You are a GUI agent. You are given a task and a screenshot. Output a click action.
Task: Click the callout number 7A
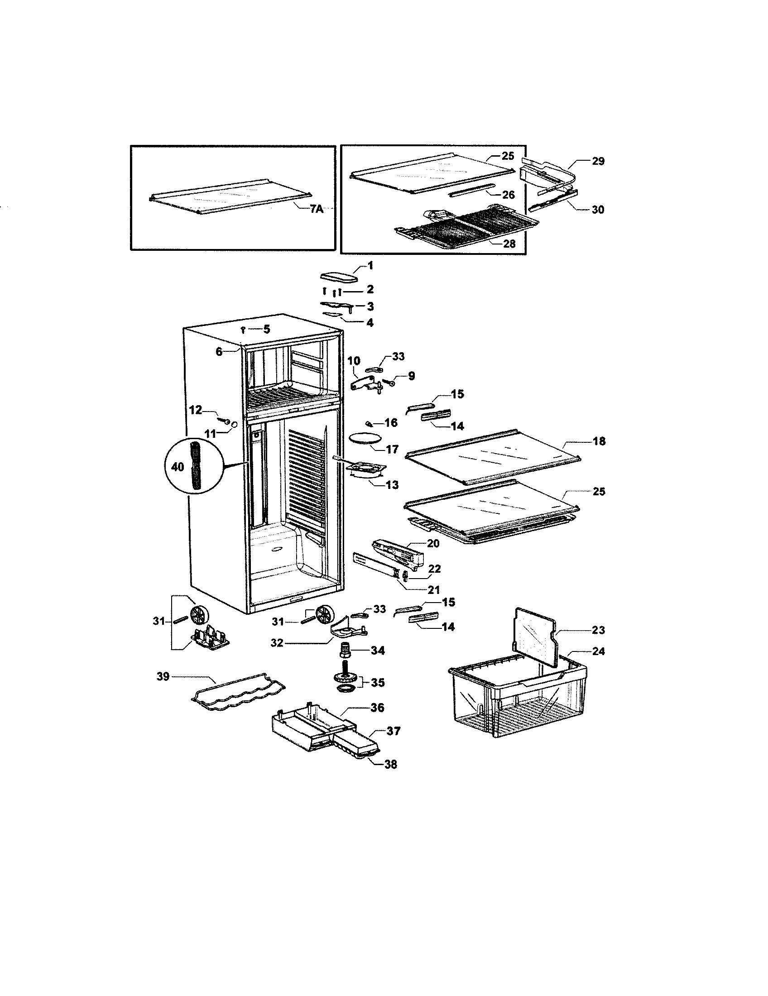coord(316,209)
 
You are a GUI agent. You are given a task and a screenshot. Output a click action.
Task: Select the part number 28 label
coord(509,244)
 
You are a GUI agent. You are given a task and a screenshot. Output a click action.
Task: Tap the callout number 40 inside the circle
coord(178,466)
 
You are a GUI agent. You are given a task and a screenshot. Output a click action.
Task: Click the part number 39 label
coord(163,676)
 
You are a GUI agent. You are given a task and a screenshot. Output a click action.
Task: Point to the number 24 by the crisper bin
coord(598,651)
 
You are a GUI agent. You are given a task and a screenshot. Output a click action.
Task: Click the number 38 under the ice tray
coord(390,764)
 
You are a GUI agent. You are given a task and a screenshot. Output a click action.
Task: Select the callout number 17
coord(392,450)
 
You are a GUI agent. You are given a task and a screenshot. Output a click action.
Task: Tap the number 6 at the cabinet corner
coord(219,352)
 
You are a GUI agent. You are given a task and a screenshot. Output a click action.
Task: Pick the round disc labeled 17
coord(365,438)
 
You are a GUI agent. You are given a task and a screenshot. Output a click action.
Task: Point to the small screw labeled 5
coord(244,329)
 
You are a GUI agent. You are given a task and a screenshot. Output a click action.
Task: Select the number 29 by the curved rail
coord(598,161)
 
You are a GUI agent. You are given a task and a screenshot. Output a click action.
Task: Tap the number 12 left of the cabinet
coord(196,410)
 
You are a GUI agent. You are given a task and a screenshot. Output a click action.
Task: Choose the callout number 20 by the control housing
coord(433,543)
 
